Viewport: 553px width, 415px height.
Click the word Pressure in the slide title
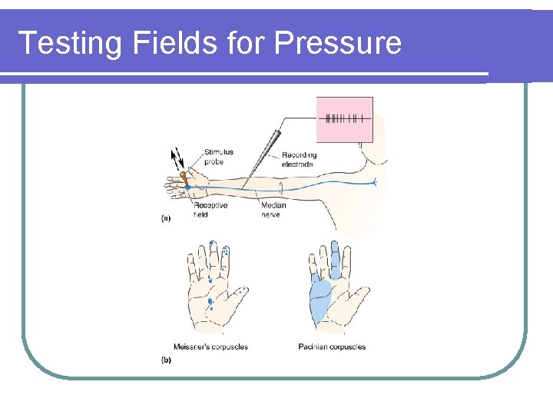[337, 42]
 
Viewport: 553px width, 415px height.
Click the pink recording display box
[344, 119]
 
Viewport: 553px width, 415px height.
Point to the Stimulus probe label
[219, 157]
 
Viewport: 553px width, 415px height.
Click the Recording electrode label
[299, 160]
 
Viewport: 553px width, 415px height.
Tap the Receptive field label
[210, 210]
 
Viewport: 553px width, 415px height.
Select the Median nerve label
[273, 210]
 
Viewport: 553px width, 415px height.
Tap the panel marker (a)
[166, 218]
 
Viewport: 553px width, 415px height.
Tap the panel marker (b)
[166, 359]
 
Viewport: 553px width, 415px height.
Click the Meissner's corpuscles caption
[211, 347]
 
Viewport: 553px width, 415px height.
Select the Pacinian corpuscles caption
[332, 347]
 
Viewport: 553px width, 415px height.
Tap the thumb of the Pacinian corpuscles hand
[359, 296]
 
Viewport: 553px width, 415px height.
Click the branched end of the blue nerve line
[373, 182]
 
